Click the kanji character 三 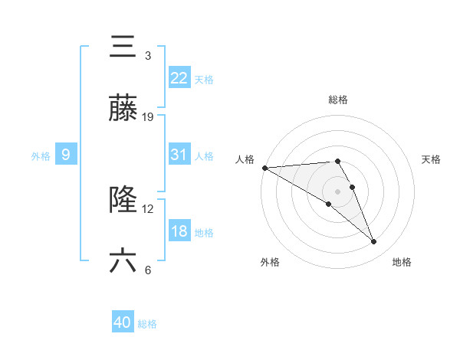point(123,48)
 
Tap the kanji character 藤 point(123,108)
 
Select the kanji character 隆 point(123,200)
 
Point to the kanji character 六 point(123,260)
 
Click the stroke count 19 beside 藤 point(149,117)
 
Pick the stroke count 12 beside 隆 point(149,209)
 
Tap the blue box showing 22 point(179,77)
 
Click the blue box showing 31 point(179,154)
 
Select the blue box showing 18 point(179,231)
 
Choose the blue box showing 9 point(66,155)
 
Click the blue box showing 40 point(123,322)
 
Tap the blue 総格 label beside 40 point(148,324)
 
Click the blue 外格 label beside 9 point(41,156)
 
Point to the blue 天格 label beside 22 point(204,79)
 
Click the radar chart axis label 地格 point(402,262)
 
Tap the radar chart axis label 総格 point(338,100)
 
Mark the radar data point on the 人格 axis point(264,168)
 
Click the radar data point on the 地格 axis point(374,242)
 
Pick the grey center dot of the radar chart point(337,191)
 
